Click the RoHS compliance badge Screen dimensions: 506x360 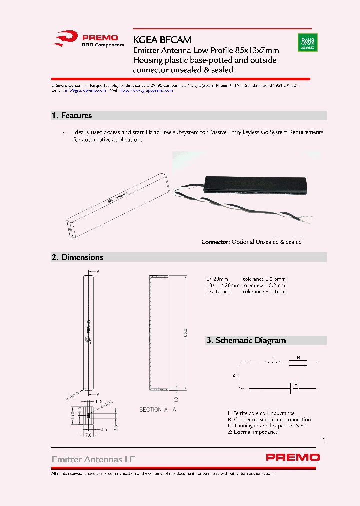pos(307,42)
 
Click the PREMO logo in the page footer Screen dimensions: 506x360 pos(293,457)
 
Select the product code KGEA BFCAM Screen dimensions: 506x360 pos(162,39)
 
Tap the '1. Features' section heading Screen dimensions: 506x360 pos(72,116)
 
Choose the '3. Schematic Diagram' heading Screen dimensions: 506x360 pos(246,340)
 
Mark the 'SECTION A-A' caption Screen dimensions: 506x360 pos(157,410)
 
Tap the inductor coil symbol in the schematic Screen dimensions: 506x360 pos(273,360)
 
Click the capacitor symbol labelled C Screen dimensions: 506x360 pos(291,388)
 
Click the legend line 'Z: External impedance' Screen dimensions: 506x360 pos(252,432)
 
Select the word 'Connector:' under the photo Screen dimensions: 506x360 pos(216,242)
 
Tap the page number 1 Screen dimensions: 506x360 pos(324,441)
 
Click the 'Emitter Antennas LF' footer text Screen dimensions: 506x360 pos(93,459)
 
